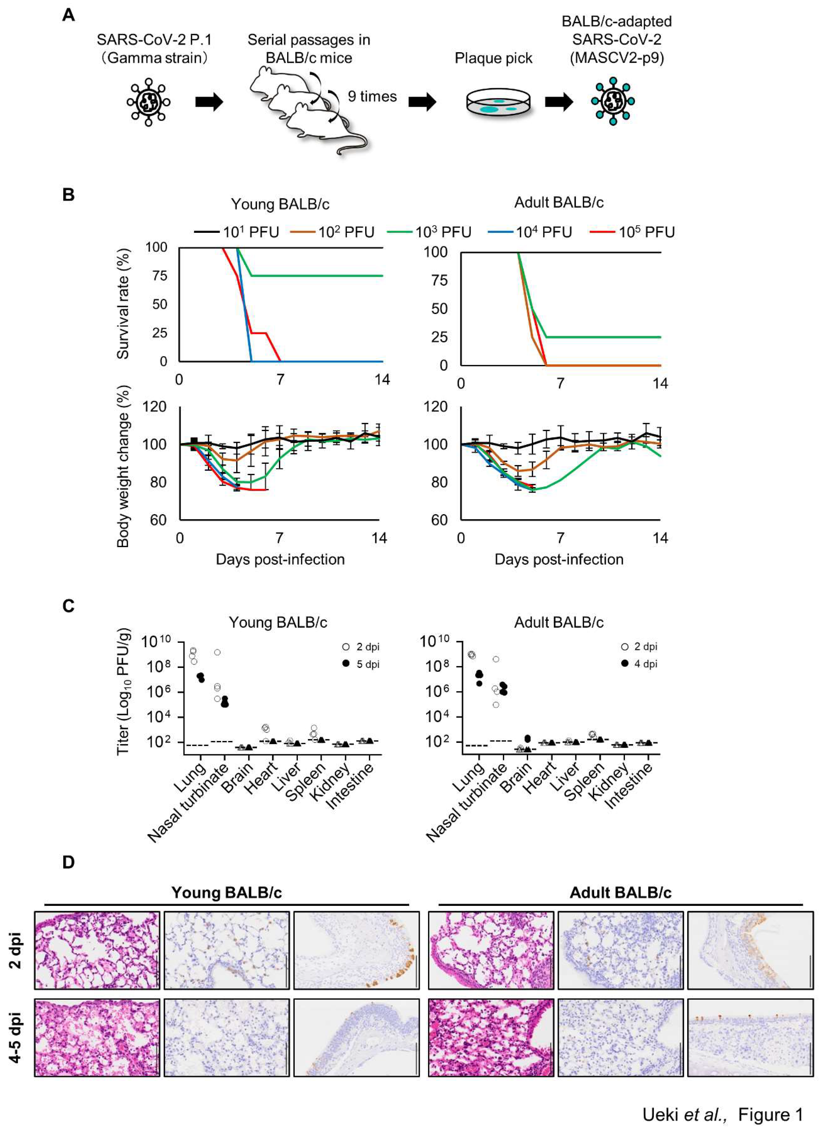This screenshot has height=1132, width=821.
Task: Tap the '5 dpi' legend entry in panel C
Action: coord(362,664)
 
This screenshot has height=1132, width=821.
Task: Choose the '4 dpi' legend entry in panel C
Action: coord(639,664)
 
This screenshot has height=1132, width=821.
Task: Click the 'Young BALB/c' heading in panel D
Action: coord(226,892)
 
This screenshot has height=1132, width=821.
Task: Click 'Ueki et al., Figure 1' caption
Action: coord(723,1114)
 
